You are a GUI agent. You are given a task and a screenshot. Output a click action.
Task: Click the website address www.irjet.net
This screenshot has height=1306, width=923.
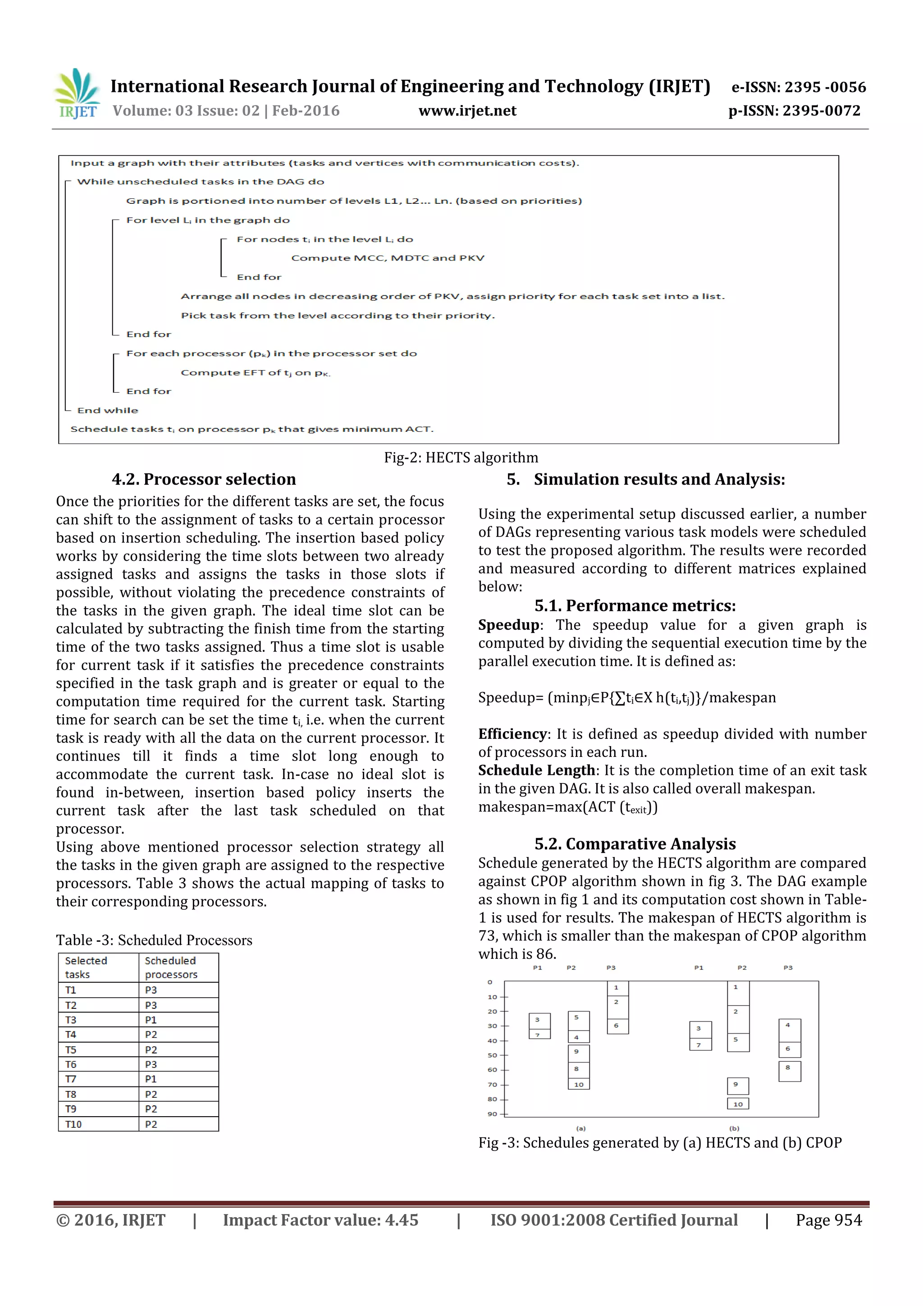tap(467, 111)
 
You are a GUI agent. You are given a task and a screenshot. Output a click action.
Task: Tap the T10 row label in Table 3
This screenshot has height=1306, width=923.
tap(73, 1124)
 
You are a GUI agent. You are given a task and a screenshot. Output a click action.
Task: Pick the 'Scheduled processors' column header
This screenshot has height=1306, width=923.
tap(171, 967)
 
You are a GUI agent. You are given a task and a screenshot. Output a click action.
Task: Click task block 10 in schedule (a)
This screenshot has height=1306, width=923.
tap(578, 1084)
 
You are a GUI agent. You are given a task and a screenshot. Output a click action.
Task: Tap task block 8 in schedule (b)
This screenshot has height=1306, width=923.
tap(789, 1071)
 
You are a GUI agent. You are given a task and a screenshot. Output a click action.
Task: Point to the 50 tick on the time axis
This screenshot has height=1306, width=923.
tap(493, 1055)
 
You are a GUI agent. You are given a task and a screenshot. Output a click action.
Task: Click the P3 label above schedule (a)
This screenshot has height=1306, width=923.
tap(611, 967)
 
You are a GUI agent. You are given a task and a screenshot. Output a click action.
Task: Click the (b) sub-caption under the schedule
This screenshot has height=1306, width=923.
tap(734, 1128)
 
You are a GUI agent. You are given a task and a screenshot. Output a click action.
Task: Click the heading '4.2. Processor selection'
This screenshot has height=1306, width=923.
tap(204, 479)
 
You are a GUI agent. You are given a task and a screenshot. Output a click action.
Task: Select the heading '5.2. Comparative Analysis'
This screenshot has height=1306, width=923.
tap(635, 843)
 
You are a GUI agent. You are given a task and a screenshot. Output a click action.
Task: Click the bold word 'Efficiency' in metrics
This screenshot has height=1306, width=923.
tap(512, 734)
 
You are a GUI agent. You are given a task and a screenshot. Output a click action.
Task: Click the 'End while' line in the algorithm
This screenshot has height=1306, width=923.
tap(107, 410)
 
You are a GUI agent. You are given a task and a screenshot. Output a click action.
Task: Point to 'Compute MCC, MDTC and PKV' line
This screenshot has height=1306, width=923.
tap(387, 258)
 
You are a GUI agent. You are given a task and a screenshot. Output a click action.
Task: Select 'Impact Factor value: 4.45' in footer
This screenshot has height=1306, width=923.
tap(320, 1220)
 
